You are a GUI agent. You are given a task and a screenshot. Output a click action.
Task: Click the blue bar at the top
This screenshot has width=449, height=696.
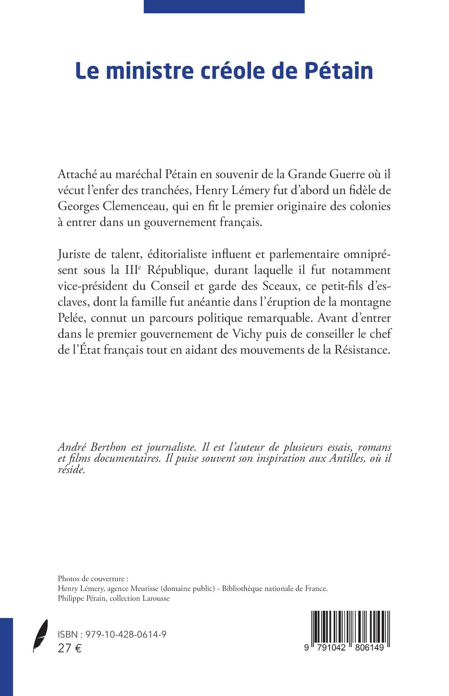coord(224,6)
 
